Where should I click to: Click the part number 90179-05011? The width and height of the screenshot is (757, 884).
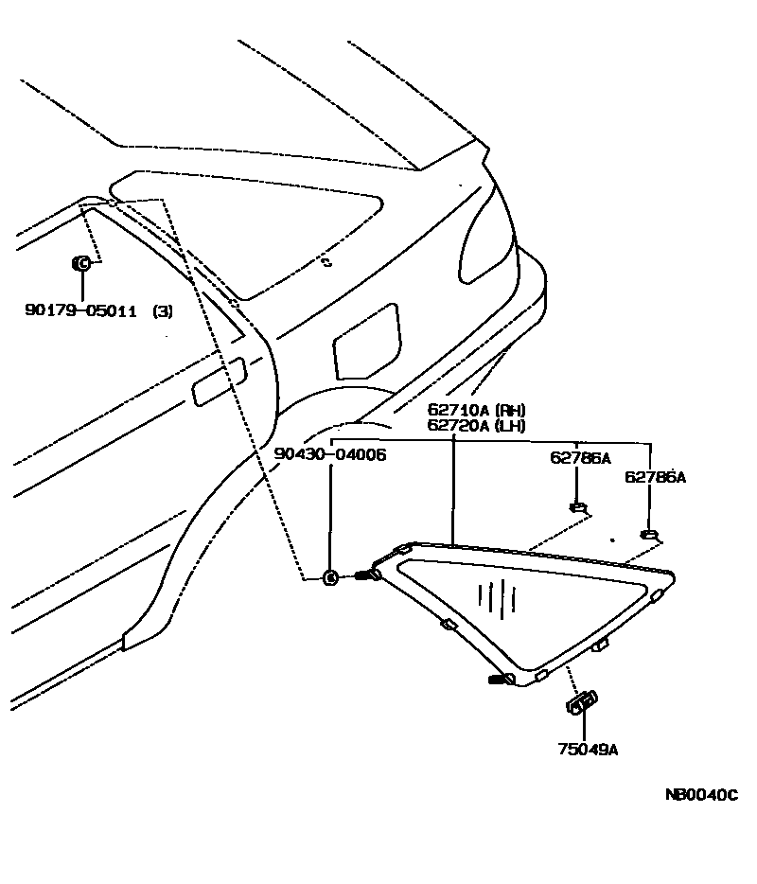81,310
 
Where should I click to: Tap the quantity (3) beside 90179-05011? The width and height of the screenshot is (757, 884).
163,310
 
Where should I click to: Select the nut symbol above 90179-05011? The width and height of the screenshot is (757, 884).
81,262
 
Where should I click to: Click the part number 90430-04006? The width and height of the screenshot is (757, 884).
330,454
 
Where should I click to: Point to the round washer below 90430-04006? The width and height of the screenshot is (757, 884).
331,577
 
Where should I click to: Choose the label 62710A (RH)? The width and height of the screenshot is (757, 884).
476,411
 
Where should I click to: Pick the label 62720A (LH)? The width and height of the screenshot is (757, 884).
475,426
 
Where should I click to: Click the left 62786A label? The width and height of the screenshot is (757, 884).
580,458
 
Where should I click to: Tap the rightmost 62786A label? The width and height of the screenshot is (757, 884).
655,477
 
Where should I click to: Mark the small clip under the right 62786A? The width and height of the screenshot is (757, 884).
649,537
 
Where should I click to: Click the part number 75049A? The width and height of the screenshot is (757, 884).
587,750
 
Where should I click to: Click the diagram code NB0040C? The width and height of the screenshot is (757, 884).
701,795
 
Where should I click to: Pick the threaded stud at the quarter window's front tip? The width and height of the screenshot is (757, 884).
367,575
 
